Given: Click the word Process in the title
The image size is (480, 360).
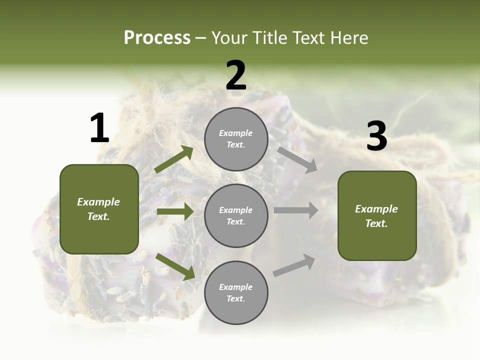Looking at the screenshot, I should (157, 38).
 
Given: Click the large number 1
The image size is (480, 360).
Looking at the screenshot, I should (99, 128).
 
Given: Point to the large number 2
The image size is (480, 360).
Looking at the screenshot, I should (236, 75).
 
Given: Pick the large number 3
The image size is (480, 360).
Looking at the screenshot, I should (376, 137).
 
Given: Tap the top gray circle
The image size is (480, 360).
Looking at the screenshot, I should (236, 139).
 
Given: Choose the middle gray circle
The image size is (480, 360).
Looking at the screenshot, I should (236, 215).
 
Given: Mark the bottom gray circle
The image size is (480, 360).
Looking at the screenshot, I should (236, 292).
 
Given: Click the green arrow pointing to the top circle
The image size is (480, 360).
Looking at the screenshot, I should (174, 159).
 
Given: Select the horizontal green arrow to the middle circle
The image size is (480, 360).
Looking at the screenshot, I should (175, 211).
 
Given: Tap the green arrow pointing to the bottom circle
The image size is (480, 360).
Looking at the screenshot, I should (175, 266).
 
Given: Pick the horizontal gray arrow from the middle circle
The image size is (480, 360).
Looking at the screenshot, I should (295, 210).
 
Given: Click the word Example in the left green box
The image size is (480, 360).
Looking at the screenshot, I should (98, 202).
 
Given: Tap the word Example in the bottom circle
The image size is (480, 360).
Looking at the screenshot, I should (235, 287).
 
